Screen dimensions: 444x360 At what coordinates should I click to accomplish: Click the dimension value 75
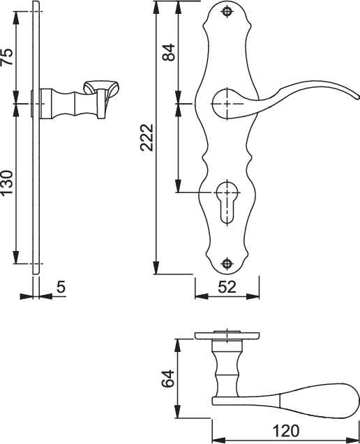tap(7, 56)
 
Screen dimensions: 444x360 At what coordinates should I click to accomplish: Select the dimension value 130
tap(7, 183)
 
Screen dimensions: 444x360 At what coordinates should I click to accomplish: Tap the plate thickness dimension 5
tap(60, 286)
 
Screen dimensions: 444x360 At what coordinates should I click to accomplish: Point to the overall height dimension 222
tap(145, 137)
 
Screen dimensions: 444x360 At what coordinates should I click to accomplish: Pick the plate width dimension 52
tap(227, 286)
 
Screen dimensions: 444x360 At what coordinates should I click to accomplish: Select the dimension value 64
tap(167, 379)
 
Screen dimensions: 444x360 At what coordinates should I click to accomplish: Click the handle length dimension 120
tap(286, 431)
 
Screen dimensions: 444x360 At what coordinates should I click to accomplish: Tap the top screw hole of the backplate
tap(227, 11)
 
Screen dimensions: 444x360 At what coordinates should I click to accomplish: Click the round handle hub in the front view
tap(226, 102)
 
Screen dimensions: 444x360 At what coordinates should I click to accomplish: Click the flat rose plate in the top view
tap(226, 335)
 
